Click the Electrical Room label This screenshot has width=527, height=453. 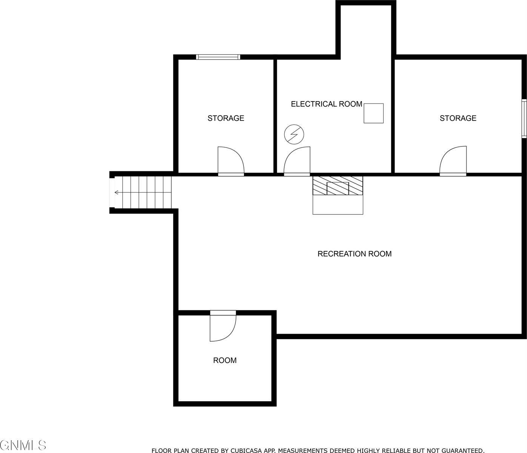326,104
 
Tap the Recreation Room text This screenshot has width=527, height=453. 354,254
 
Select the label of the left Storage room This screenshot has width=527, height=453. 226,118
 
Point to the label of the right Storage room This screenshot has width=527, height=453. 458,118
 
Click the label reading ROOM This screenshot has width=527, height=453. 225,361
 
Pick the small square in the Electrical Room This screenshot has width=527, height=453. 373,113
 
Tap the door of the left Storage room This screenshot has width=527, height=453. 230,160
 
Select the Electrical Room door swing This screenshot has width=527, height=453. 297,160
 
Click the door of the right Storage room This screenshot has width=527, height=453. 453,160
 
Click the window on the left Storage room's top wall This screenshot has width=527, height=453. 218,57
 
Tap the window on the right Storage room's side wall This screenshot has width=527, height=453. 524,118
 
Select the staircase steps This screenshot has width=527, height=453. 143,193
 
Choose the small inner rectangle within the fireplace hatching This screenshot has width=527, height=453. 337,188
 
